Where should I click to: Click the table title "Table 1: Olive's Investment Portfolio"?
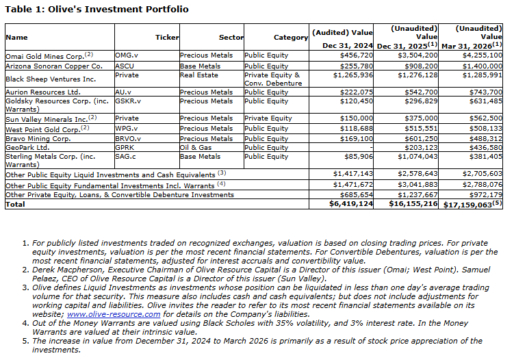[97, 10]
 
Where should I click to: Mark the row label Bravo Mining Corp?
[40, 138]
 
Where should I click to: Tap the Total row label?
[15, 204]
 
